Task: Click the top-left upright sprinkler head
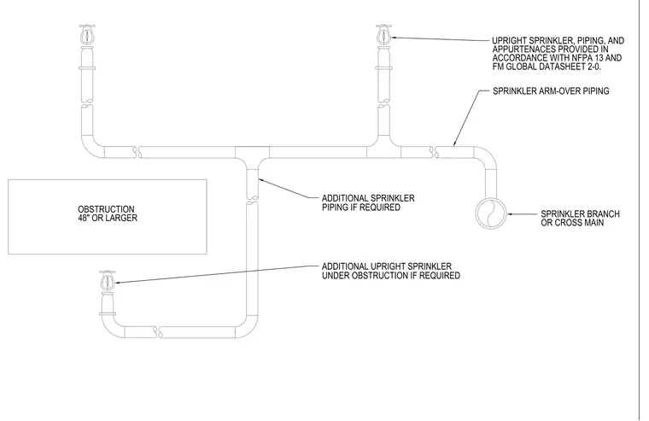(x=86, y=34)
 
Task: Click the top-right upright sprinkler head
(x=383, y=34)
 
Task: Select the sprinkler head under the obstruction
(x=108, y=280)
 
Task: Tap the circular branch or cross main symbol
(x=490, y=213)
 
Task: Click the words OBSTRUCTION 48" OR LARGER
(x=108, y=213)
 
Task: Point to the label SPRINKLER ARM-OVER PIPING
(x=551, y=91)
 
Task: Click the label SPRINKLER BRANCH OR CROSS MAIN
(x=580, y=218)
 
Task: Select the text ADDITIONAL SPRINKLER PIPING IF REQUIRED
(x=368, y=203)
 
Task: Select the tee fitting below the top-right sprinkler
(x=383, y=149)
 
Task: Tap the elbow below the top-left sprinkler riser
(x=91, y=149)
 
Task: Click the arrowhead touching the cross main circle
(x=510, y=214)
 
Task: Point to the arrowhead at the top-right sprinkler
(x=395, y=38)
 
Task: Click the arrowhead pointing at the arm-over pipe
(x=454, y=143)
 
